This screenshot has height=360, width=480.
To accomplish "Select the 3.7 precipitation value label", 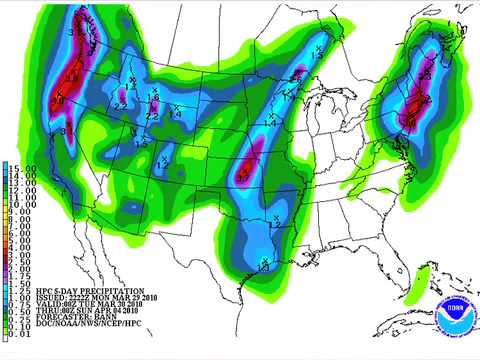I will (242, 177).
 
